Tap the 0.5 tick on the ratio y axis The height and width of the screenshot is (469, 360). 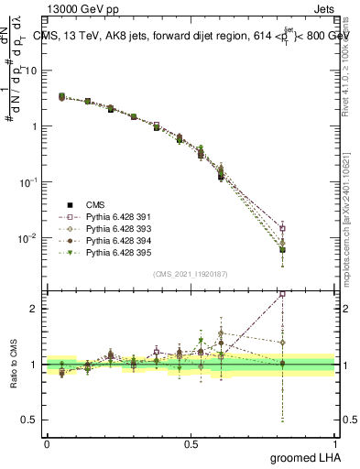[32, 420]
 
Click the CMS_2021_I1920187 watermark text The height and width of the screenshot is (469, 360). [190, 273]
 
